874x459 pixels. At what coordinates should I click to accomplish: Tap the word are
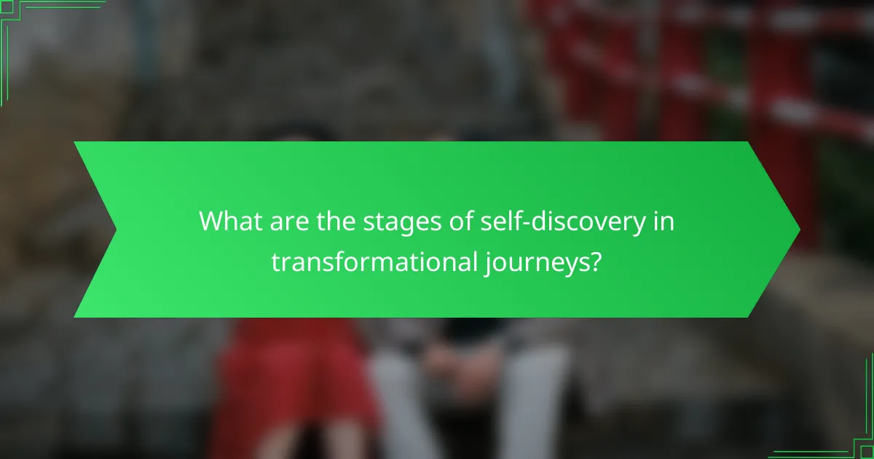pos(286,221)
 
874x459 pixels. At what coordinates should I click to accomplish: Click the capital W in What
pos(212,221)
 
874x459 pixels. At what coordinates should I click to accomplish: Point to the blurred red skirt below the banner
pos(291,386)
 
